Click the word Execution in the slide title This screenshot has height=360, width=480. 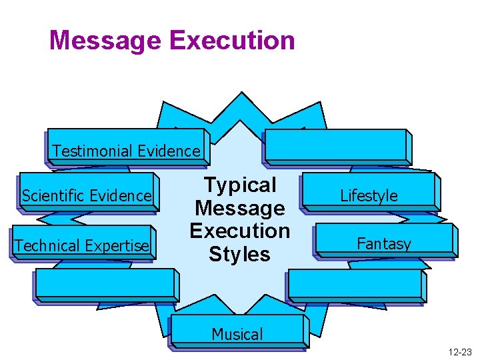click(x=231, y=40)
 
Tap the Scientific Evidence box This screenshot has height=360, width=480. click(x=87, y=193)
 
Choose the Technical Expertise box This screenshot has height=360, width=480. click(x=82, y=244)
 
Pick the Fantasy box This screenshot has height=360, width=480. click(x=385, y=241)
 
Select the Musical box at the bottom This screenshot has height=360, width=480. click(x=237, y=332)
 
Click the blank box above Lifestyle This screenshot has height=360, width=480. click(x=336, y=145)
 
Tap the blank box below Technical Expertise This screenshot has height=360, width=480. click(x=105, y=284)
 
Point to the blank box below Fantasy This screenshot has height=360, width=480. click(x=355, y=285)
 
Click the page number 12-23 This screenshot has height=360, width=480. click(x=460, y=351)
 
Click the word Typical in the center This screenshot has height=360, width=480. click(x=239, y=185)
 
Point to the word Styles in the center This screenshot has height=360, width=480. click(x=239, y=254)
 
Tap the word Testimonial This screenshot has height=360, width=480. click(x=89, y=151)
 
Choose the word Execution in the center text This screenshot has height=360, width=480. click(x=239, y=231)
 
